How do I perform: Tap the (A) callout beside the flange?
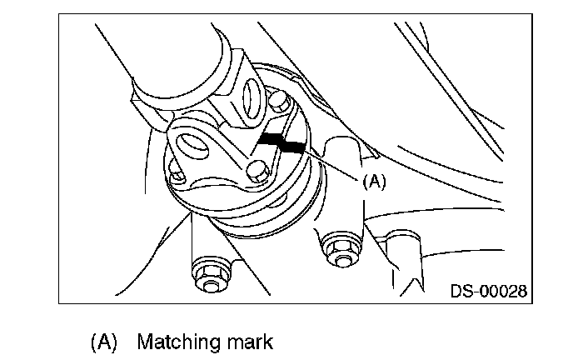[374, 181]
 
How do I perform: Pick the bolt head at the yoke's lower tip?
[257, 173]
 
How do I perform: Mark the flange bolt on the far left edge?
[175, 174]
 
